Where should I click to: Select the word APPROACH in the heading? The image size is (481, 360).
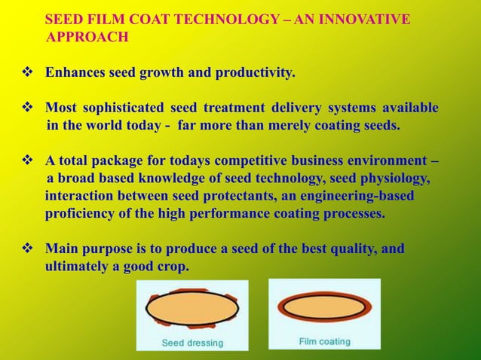click(87, 36)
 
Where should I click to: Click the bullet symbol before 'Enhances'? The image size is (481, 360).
click(26, 74)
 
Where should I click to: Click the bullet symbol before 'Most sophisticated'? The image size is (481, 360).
click(26, 108)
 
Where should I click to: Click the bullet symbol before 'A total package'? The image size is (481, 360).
click(26, 161)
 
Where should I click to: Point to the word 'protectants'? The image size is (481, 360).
click(237, 196)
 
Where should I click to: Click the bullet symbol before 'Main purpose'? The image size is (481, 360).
click(26, 249)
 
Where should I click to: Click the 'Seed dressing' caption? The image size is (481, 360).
click(193, 343)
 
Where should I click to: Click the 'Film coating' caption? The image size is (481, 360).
click(324, 341)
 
